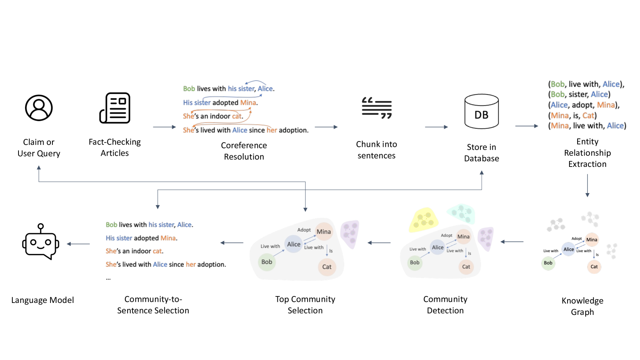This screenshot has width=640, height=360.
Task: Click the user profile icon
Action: pyautogui.click(x=39, y=108)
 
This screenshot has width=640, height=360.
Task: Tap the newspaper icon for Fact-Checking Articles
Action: pyautogui.click(x=115, y=108)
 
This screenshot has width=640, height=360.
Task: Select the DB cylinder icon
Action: pyautogui.click(x=481, y=111)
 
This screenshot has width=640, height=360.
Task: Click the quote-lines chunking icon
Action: pyautogui.click(x=376, y=108)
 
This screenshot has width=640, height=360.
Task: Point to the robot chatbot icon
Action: pyautogui.click(x=40, y=242)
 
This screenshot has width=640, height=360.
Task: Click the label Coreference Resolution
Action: pyautogui.click(x=244, y=151)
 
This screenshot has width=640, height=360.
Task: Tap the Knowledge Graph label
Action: pyautogui.click(x=582, y=306)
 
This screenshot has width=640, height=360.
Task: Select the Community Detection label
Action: pyautogui.click(x=445, y=304)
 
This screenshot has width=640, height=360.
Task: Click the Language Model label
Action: pyautogui.click(x=42, y=300)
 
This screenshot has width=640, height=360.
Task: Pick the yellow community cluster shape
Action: pyautogui.click(x=423, y=219)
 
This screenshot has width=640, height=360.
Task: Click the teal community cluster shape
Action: pyautogui.click(x=461, y=213)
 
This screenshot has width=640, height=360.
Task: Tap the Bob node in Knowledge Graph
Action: pyautogui.click(x=548, y=263)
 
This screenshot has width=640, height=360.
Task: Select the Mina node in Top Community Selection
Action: pyautogui.click(x=324, y=232)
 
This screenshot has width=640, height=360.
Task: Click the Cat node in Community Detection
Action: pyautogui.click(x=466, y=267)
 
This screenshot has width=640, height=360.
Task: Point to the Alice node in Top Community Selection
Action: pyautogui.click(x=294, y=244)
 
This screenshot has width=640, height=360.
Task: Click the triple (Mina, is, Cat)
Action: pyautogui.click(x=572, y=115)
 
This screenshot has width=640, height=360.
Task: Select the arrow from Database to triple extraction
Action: pyautogui.click(x=527, y=126)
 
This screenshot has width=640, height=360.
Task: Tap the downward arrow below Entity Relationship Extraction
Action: pyautogui.click(x=588, y=186)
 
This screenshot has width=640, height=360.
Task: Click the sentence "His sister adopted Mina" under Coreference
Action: pyautogui.click(x=220, y=103)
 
